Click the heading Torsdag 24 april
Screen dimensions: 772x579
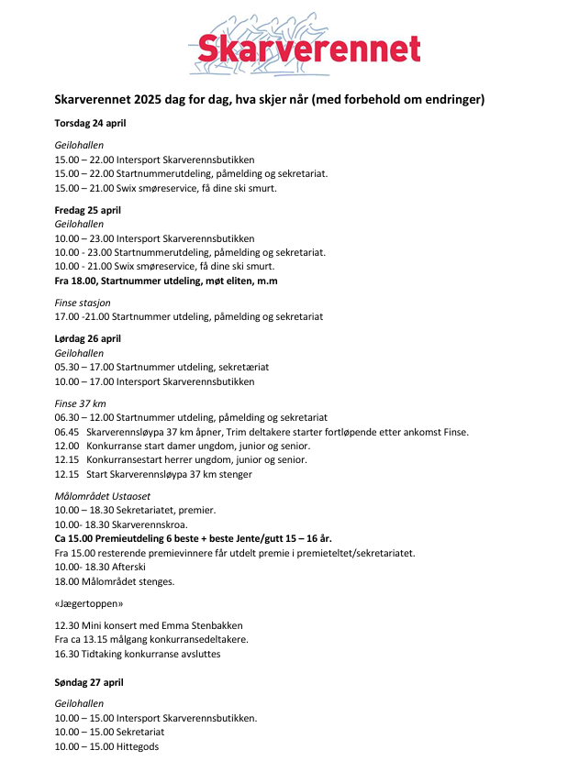pyautogui.click(x=91, y=123)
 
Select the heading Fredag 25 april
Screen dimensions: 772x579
pyautogui.click(x=88, y=210)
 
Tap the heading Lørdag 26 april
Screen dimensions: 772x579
pyautogui.click(x=88, y=338)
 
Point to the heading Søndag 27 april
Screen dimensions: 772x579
pyautogui.click(x=89, y=682)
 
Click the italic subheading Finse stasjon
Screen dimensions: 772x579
pyautogui.click(x=83, y=303)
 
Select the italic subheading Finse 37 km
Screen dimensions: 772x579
pyautogui.click(x=81, y=403)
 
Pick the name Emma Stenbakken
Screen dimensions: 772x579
pyautogui.click(x=190, y=625)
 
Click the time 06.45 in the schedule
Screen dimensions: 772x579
pyautogui.click(x=67, y=432)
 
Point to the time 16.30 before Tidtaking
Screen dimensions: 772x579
pyautogui.click(x=67, y=654)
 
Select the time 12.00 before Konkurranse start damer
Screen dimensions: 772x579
pyautogui.click(x=67, y=446)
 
